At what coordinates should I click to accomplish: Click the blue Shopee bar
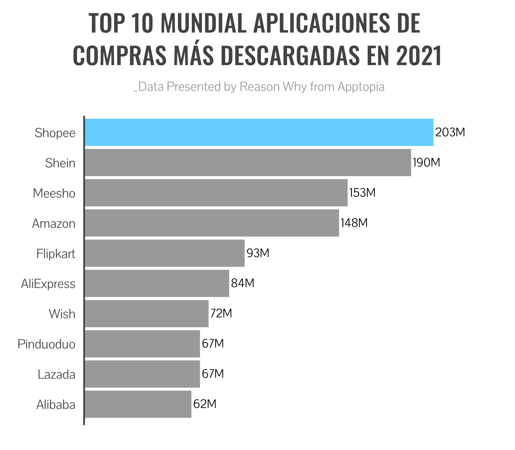pos(259,132)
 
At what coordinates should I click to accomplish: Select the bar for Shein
pos(248,162)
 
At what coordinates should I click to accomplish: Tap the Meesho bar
pos(216,193)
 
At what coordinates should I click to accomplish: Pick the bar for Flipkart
pos(165,253)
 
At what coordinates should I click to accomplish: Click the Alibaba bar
pos(138,404)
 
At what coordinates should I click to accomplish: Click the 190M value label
pos(427,162)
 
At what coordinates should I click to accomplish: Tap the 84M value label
pos(243,283)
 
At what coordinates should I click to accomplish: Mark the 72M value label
pos(221,313)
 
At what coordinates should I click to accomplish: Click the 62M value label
pos(205,404)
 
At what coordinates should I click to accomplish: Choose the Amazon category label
pos(54,223)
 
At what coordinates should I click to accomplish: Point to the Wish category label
pos(62,314)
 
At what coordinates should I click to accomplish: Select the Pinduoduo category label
pos(47,344)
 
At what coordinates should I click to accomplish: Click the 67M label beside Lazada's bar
pos(213,374)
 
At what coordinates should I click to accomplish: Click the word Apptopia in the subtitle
pos(361,87)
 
